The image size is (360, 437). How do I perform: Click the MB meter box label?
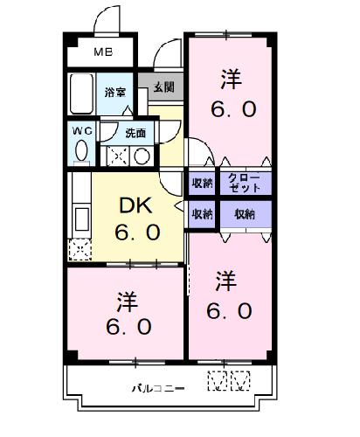103,52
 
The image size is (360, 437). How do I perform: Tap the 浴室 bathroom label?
115,93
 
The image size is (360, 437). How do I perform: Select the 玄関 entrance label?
164,87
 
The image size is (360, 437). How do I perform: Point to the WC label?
83,131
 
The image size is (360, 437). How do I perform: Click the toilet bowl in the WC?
81,150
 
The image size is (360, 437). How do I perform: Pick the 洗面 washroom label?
135,133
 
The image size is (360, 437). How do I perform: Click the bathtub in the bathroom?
81,94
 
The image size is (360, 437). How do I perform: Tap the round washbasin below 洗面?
142,156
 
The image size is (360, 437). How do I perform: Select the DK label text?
136,205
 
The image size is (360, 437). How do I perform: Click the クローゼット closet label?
244,183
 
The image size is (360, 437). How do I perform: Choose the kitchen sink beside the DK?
81,218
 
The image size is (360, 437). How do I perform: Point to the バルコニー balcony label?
158,388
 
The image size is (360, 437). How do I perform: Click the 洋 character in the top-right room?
232,79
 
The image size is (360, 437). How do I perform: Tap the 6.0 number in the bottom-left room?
128,327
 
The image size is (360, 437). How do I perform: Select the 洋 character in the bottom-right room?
226,281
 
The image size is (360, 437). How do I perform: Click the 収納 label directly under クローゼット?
245,214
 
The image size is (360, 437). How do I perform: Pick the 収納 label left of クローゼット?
202,184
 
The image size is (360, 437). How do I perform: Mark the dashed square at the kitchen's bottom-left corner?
80,250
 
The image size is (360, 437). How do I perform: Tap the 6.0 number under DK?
137,232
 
